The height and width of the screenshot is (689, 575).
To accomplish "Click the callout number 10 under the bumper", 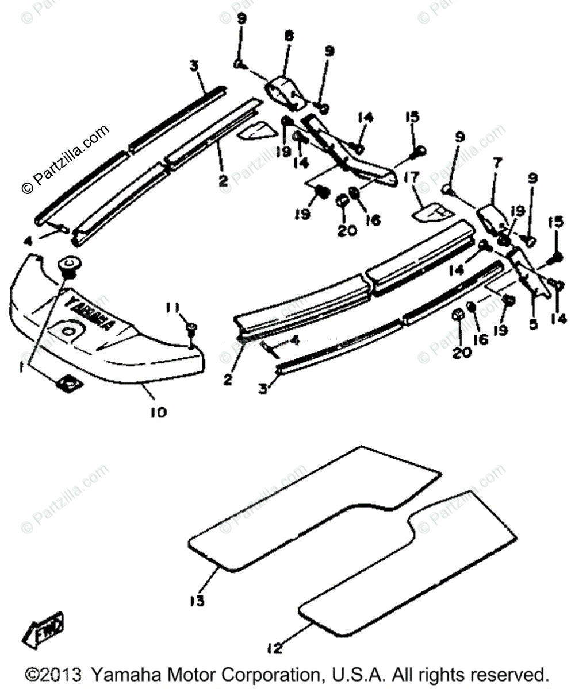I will (158, 412).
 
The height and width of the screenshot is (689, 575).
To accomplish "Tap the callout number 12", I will (275, 649).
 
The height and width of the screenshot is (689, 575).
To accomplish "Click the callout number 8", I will (289, 36).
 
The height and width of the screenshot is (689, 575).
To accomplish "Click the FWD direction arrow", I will (43, 630).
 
